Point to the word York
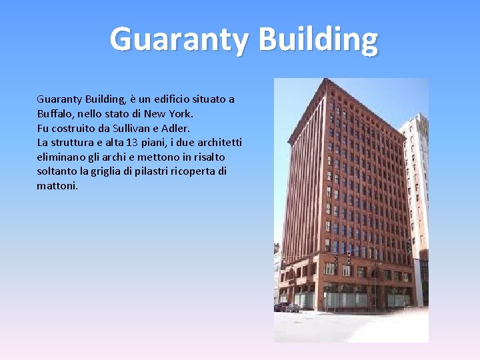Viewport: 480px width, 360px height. pos(179,113)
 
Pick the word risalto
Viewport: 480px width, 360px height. pos(207,157)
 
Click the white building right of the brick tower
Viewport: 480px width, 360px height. pos(417,187)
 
